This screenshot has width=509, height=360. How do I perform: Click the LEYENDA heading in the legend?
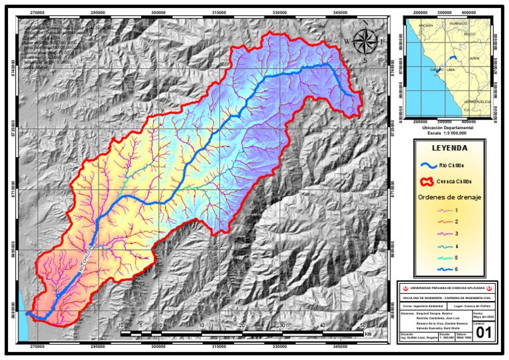point(449,148)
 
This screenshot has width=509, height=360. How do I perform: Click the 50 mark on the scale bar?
point(363,325)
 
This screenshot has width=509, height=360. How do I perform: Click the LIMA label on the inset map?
point(450,68)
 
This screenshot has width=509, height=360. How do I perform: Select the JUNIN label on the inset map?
point(474,58)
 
